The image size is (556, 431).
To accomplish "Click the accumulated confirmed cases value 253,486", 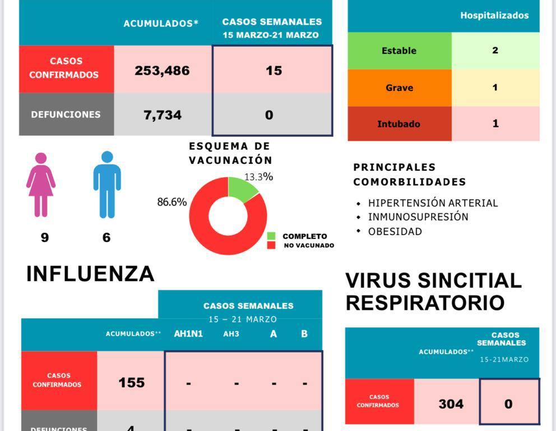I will coord(162,71).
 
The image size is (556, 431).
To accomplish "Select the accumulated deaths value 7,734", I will coord(163,115).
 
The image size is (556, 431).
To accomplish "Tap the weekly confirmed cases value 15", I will coord(274,71).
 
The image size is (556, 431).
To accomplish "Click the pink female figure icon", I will coord(41,185).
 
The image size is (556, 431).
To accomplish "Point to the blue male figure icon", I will coord(107,185).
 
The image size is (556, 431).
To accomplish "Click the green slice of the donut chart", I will coord(242,188).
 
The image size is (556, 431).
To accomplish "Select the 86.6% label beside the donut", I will coord(172,202).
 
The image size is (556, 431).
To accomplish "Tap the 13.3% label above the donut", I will coord(258,177).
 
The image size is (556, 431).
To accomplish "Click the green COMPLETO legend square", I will coord(271,236).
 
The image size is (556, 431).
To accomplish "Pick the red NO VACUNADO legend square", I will coord(271,245).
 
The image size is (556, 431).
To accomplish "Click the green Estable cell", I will coord(399,51).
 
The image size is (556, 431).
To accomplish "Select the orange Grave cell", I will coord(399,88).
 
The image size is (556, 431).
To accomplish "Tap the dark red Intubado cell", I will coord(399,124).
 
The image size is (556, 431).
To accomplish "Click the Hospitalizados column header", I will coord(494,16).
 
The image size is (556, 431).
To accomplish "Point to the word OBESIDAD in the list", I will coord(395,231).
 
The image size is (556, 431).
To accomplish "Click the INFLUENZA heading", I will coord(90,274).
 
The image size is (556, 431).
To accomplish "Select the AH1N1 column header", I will coord(188,334).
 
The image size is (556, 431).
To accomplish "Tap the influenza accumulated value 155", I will coord(132,383).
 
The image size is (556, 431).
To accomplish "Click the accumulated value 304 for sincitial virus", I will coord(451,404).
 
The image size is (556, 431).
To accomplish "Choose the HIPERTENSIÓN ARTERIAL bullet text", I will coord(433,203).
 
